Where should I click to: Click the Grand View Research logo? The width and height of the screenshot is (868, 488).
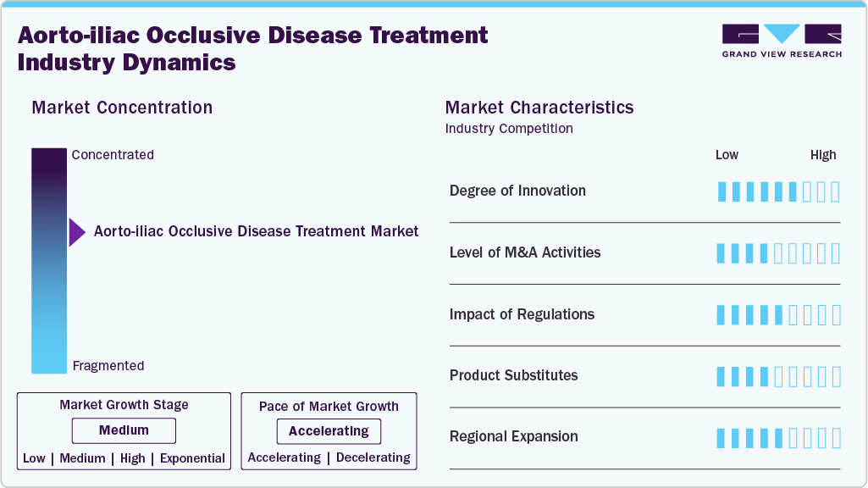[x=782, y=41]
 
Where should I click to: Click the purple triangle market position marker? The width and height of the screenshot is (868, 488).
[x=77, y=232]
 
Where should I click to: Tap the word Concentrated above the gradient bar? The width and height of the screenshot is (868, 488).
[x=113, y=154]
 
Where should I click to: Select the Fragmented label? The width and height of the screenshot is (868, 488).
[x=108, y=366]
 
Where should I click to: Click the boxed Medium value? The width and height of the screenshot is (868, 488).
[x=124, y=430]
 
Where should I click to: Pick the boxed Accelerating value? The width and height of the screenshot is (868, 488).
[x=329, y=431]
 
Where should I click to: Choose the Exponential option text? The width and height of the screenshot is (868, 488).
[x=192, y=458]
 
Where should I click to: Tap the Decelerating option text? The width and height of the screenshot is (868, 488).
[x=373, y=457]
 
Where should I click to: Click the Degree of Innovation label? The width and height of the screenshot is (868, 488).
[x=517, y=191]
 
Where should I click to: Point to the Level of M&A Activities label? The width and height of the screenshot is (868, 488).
[x=525, y=252]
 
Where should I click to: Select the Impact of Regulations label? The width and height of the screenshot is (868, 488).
[x=522, y=314]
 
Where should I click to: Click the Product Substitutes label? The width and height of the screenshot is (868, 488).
[x=514, y=375]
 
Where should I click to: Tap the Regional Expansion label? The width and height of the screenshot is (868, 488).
[x=514, y=436]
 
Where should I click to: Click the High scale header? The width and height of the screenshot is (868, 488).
[x=823, y=155]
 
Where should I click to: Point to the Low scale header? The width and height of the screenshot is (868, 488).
[x=727, y=155]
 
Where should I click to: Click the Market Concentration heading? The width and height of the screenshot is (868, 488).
[x=122, y=108]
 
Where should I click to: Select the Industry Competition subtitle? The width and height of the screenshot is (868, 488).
[x=509, y=129]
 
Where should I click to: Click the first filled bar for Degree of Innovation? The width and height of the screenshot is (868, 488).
[x=721, y=191]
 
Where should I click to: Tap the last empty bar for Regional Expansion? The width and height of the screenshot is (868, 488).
[x=837, y=438]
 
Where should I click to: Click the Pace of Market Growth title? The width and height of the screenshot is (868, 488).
[x=329, y=407]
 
